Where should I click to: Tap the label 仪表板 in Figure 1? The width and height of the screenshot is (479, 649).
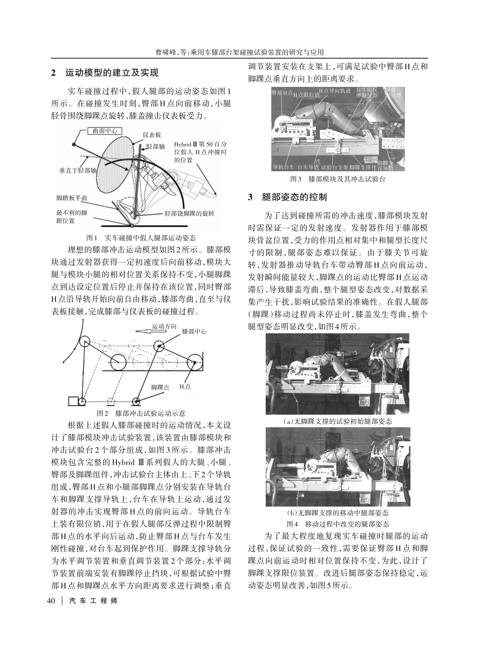pos(152,135)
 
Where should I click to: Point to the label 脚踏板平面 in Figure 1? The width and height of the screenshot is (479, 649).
pos(72,198)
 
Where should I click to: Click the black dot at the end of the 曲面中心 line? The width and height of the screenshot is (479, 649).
pos(74,145)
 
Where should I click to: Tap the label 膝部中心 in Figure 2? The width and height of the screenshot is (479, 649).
pos(194,332)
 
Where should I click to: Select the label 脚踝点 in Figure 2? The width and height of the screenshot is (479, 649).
pos(160,386)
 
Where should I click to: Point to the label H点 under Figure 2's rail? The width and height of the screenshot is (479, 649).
pos(185,386)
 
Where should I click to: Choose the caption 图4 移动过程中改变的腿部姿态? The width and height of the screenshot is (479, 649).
pos(338,524)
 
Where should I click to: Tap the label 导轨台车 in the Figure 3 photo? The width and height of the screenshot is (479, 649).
pos(283,167)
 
